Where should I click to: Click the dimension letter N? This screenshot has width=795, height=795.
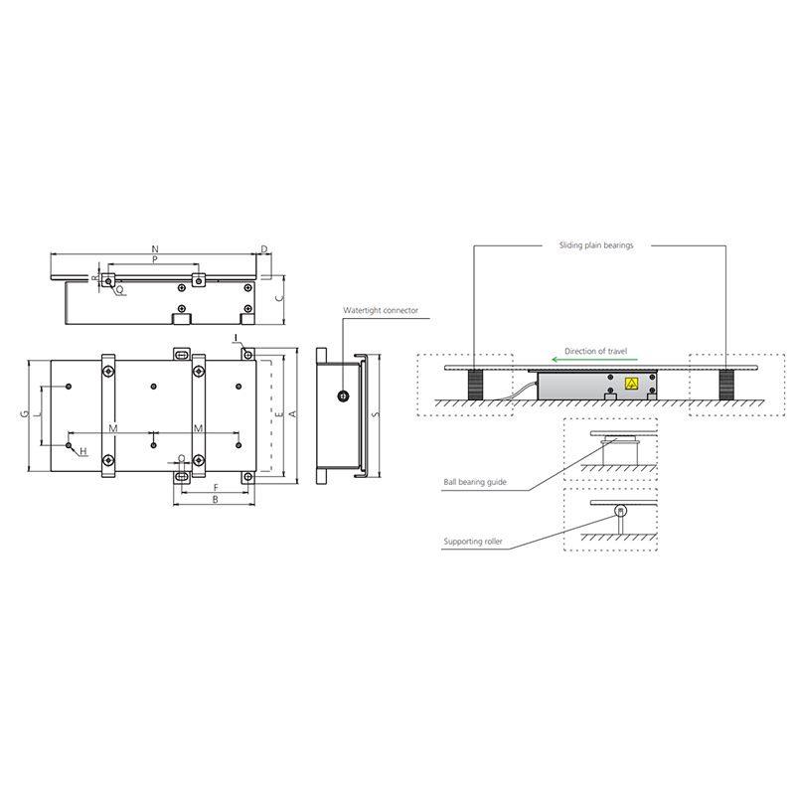(x=155, y=249)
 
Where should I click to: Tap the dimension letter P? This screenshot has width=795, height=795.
(x=155, y=259)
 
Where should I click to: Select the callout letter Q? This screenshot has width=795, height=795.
(x=119, y=289)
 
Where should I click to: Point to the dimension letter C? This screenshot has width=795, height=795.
(x=279, y=297)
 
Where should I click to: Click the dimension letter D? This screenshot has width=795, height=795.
(x=264, y=249)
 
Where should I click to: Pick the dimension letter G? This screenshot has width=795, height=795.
(x=24, y=414)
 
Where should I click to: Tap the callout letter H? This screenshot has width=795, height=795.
(x=83, y=451)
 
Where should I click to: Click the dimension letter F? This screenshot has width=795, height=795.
(x=216, y=488)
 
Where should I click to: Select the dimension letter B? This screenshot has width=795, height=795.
(x=215, y=500)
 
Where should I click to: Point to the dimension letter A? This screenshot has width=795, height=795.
(x=292, y=414)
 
